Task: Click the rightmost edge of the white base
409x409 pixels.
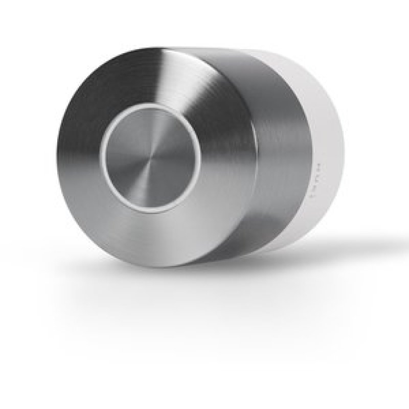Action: click(x=344, y=153)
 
